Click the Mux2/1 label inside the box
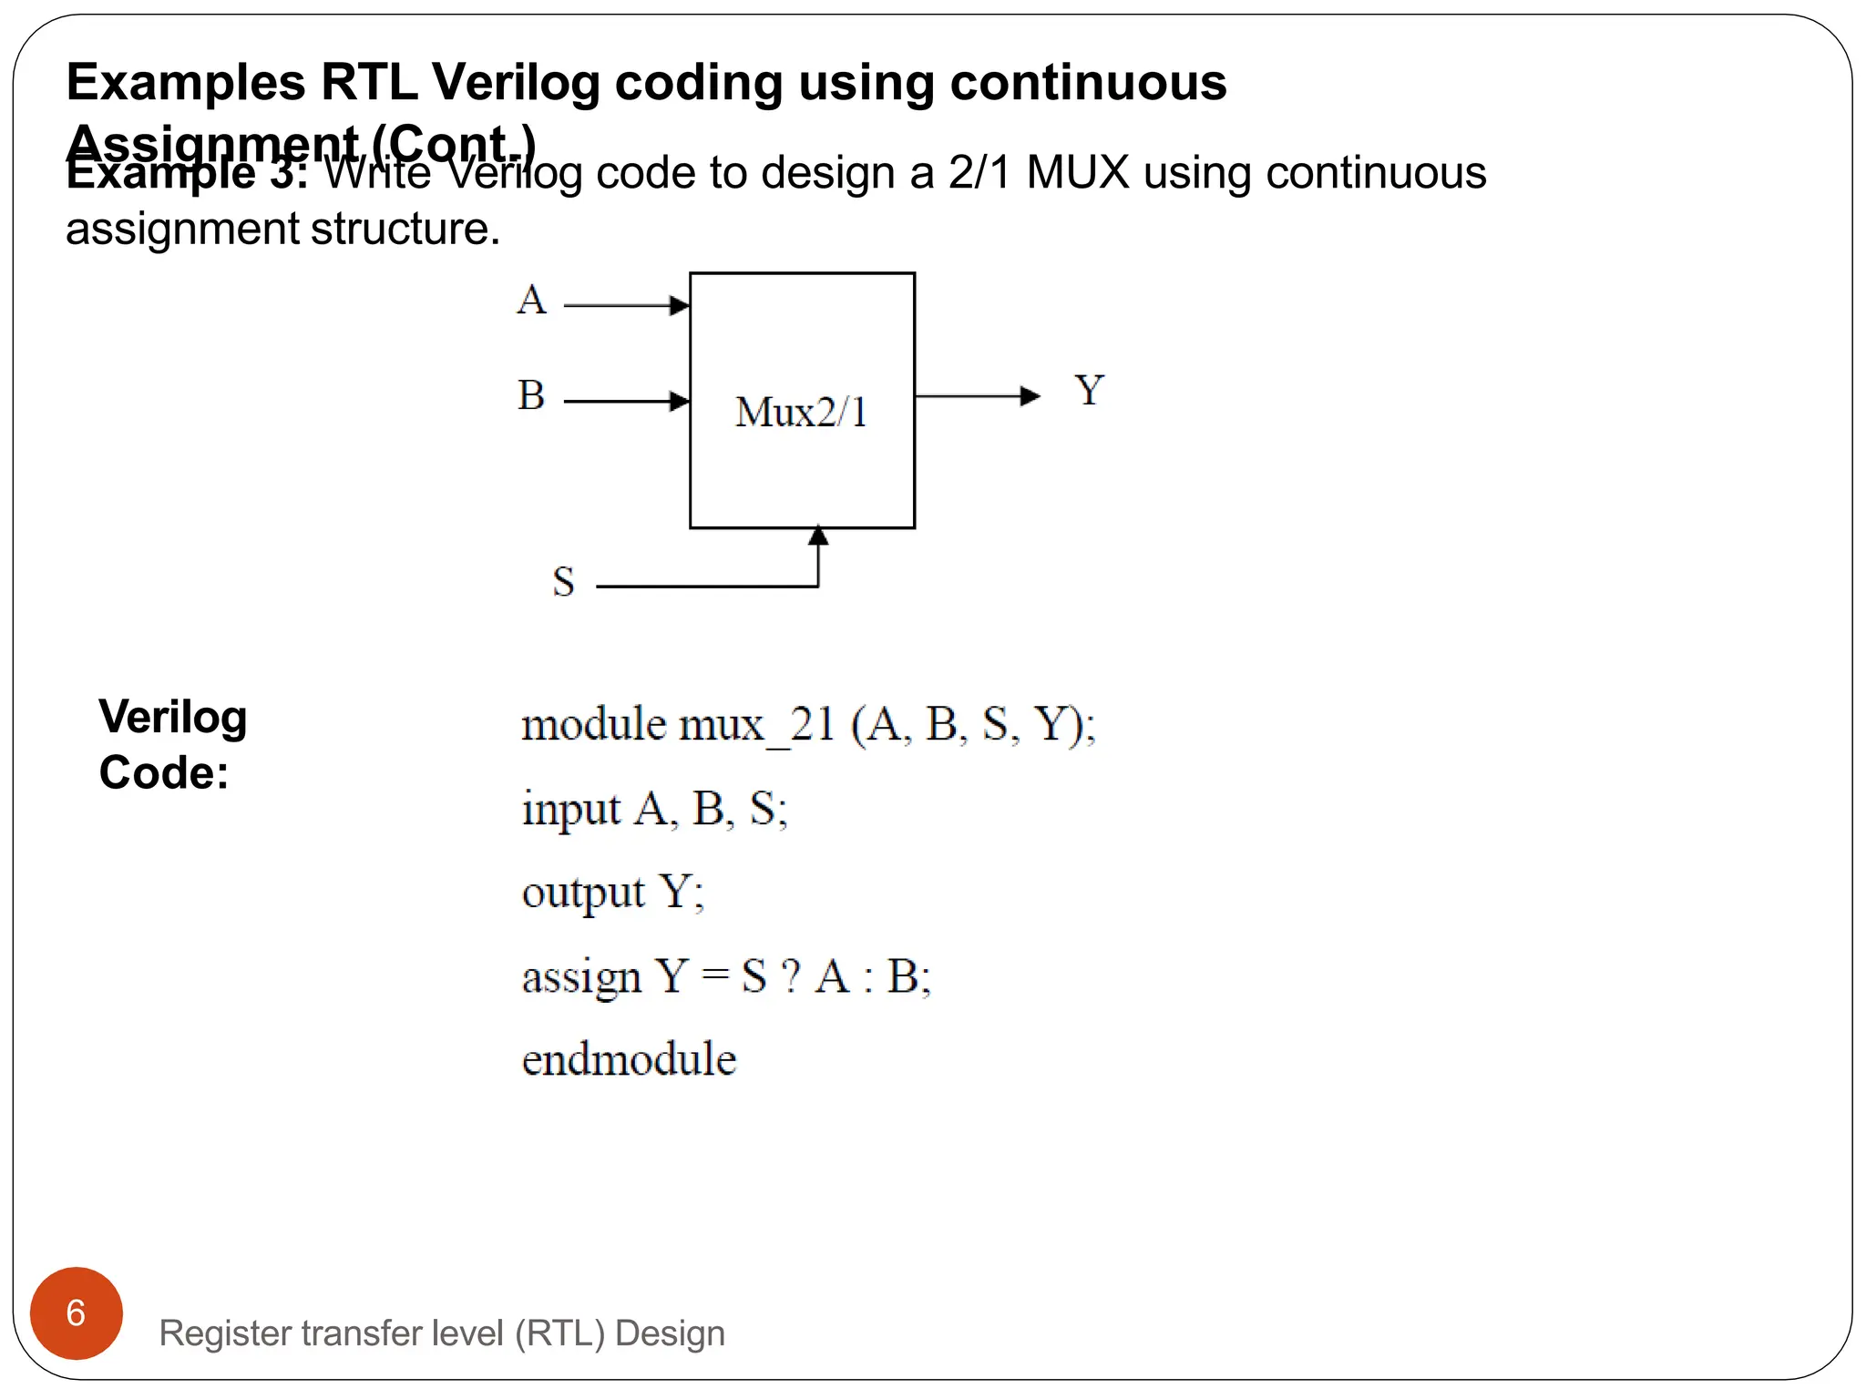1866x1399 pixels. tap(801, 412)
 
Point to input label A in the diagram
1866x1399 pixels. tap(532, 300)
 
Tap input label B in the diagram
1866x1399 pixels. tap(531, 395)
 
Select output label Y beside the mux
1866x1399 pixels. tap(1089, 391)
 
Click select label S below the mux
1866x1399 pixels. tap(564, 582)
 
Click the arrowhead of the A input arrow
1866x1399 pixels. tap(679, 305)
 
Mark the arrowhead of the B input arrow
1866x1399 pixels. tap(679, 401)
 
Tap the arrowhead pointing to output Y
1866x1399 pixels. tap(1030, 395)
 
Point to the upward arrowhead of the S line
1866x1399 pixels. tap(818, 536)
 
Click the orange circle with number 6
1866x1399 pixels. tap(77, 1312)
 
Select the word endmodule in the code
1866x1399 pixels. tap(629, 1059)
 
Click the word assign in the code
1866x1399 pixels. tap(581, 977)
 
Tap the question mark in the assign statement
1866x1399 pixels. tap(791, 976)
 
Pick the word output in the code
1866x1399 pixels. tap(583, 893)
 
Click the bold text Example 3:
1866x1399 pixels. tap(187, 173)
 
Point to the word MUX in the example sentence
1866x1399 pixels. tap(1078, 172)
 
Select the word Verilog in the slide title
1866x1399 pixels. tap(516, 82)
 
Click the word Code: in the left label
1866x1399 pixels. tap(164, 772)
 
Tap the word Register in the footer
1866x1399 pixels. tap(224, 1333)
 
